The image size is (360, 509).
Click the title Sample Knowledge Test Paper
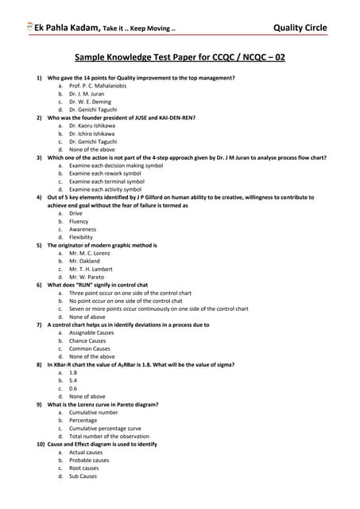180,58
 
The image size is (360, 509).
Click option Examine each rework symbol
105,173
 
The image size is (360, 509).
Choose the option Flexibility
81,237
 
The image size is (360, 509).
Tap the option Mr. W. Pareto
89,278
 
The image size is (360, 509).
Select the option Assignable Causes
91,332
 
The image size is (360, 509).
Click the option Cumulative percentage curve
105,428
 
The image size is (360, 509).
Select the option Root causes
84,468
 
